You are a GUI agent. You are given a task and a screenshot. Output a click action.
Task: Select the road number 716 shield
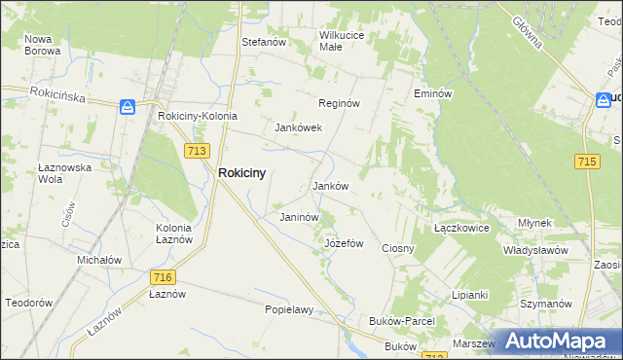[x=163, y=277]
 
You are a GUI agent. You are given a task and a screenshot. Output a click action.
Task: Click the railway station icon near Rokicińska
[x=128, y=107]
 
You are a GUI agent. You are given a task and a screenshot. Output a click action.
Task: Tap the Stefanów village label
[x=263, y=43]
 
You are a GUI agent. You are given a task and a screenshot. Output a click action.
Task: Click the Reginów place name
[x=340, y=103]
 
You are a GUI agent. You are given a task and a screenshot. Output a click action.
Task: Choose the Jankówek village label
[x=298, y=127]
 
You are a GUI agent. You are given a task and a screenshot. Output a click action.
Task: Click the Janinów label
[x=299, y=217]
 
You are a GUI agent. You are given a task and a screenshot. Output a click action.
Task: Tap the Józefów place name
[x=344, y=243]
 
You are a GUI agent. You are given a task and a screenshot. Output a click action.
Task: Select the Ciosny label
[x=398, y=248]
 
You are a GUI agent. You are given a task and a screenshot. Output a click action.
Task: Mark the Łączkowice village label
[x=460, y=227]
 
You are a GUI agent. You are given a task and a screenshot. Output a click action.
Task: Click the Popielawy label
[x=289, y=310]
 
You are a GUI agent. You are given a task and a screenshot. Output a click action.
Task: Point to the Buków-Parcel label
[x=402, y=320]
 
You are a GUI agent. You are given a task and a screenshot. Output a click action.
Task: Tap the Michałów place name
[x=99, y=260]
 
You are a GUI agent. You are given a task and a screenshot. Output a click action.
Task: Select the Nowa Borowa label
[x=43, y=45]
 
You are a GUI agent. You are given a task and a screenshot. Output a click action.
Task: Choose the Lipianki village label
[x=469, y=295]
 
